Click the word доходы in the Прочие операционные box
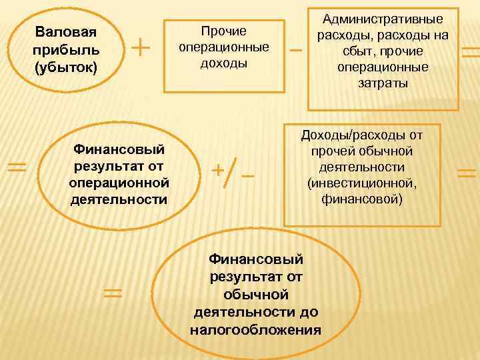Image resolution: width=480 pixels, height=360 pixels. coord(224,63)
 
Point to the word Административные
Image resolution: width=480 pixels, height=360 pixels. coord(383,20)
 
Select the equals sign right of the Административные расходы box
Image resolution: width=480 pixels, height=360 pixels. coord(471,53)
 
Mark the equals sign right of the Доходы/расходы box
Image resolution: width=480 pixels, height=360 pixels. coord(467,174)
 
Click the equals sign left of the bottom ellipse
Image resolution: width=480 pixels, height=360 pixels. coord(113,292)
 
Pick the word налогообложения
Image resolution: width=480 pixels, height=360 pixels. coord(256,329)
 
